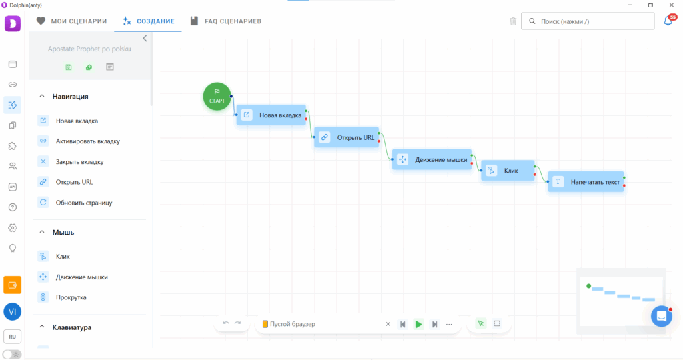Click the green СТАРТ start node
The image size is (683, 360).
tap(217, 96)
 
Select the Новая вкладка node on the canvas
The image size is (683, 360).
tap(271, 115)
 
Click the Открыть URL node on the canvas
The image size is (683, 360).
tap(347, 137)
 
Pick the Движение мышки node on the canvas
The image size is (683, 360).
tap(432, 159)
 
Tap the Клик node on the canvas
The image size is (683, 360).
tap(508, 171)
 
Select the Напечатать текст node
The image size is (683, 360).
tap(586, 182)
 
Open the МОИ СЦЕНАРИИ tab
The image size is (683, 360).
tap(72, 21)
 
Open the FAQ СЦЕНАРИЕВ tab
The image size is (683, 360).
tap(225, 21)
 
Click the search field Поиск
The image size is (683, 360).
tap(588, 21)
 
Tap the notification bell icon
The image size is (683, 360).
tap(668, 21)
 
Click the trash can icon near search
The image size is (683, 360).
tap(513, 21)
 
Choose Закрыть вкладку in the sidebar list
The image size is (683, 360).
tap(79, 161)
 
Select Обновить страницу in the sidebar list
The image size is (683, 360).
tap(83, 203)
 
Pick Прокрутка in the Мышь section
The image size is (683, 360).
tap(71, 297)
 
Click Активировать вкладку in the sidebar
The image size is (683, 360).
tap(87, 141)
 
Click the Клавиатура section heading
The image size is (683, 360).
tap(72, 327)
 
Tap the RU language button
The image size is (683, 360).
tap(12, 337)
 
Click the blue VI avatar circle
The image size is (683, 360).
tap(12, 312)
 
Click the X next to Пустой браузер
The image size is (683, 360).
tap(388, 324)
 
